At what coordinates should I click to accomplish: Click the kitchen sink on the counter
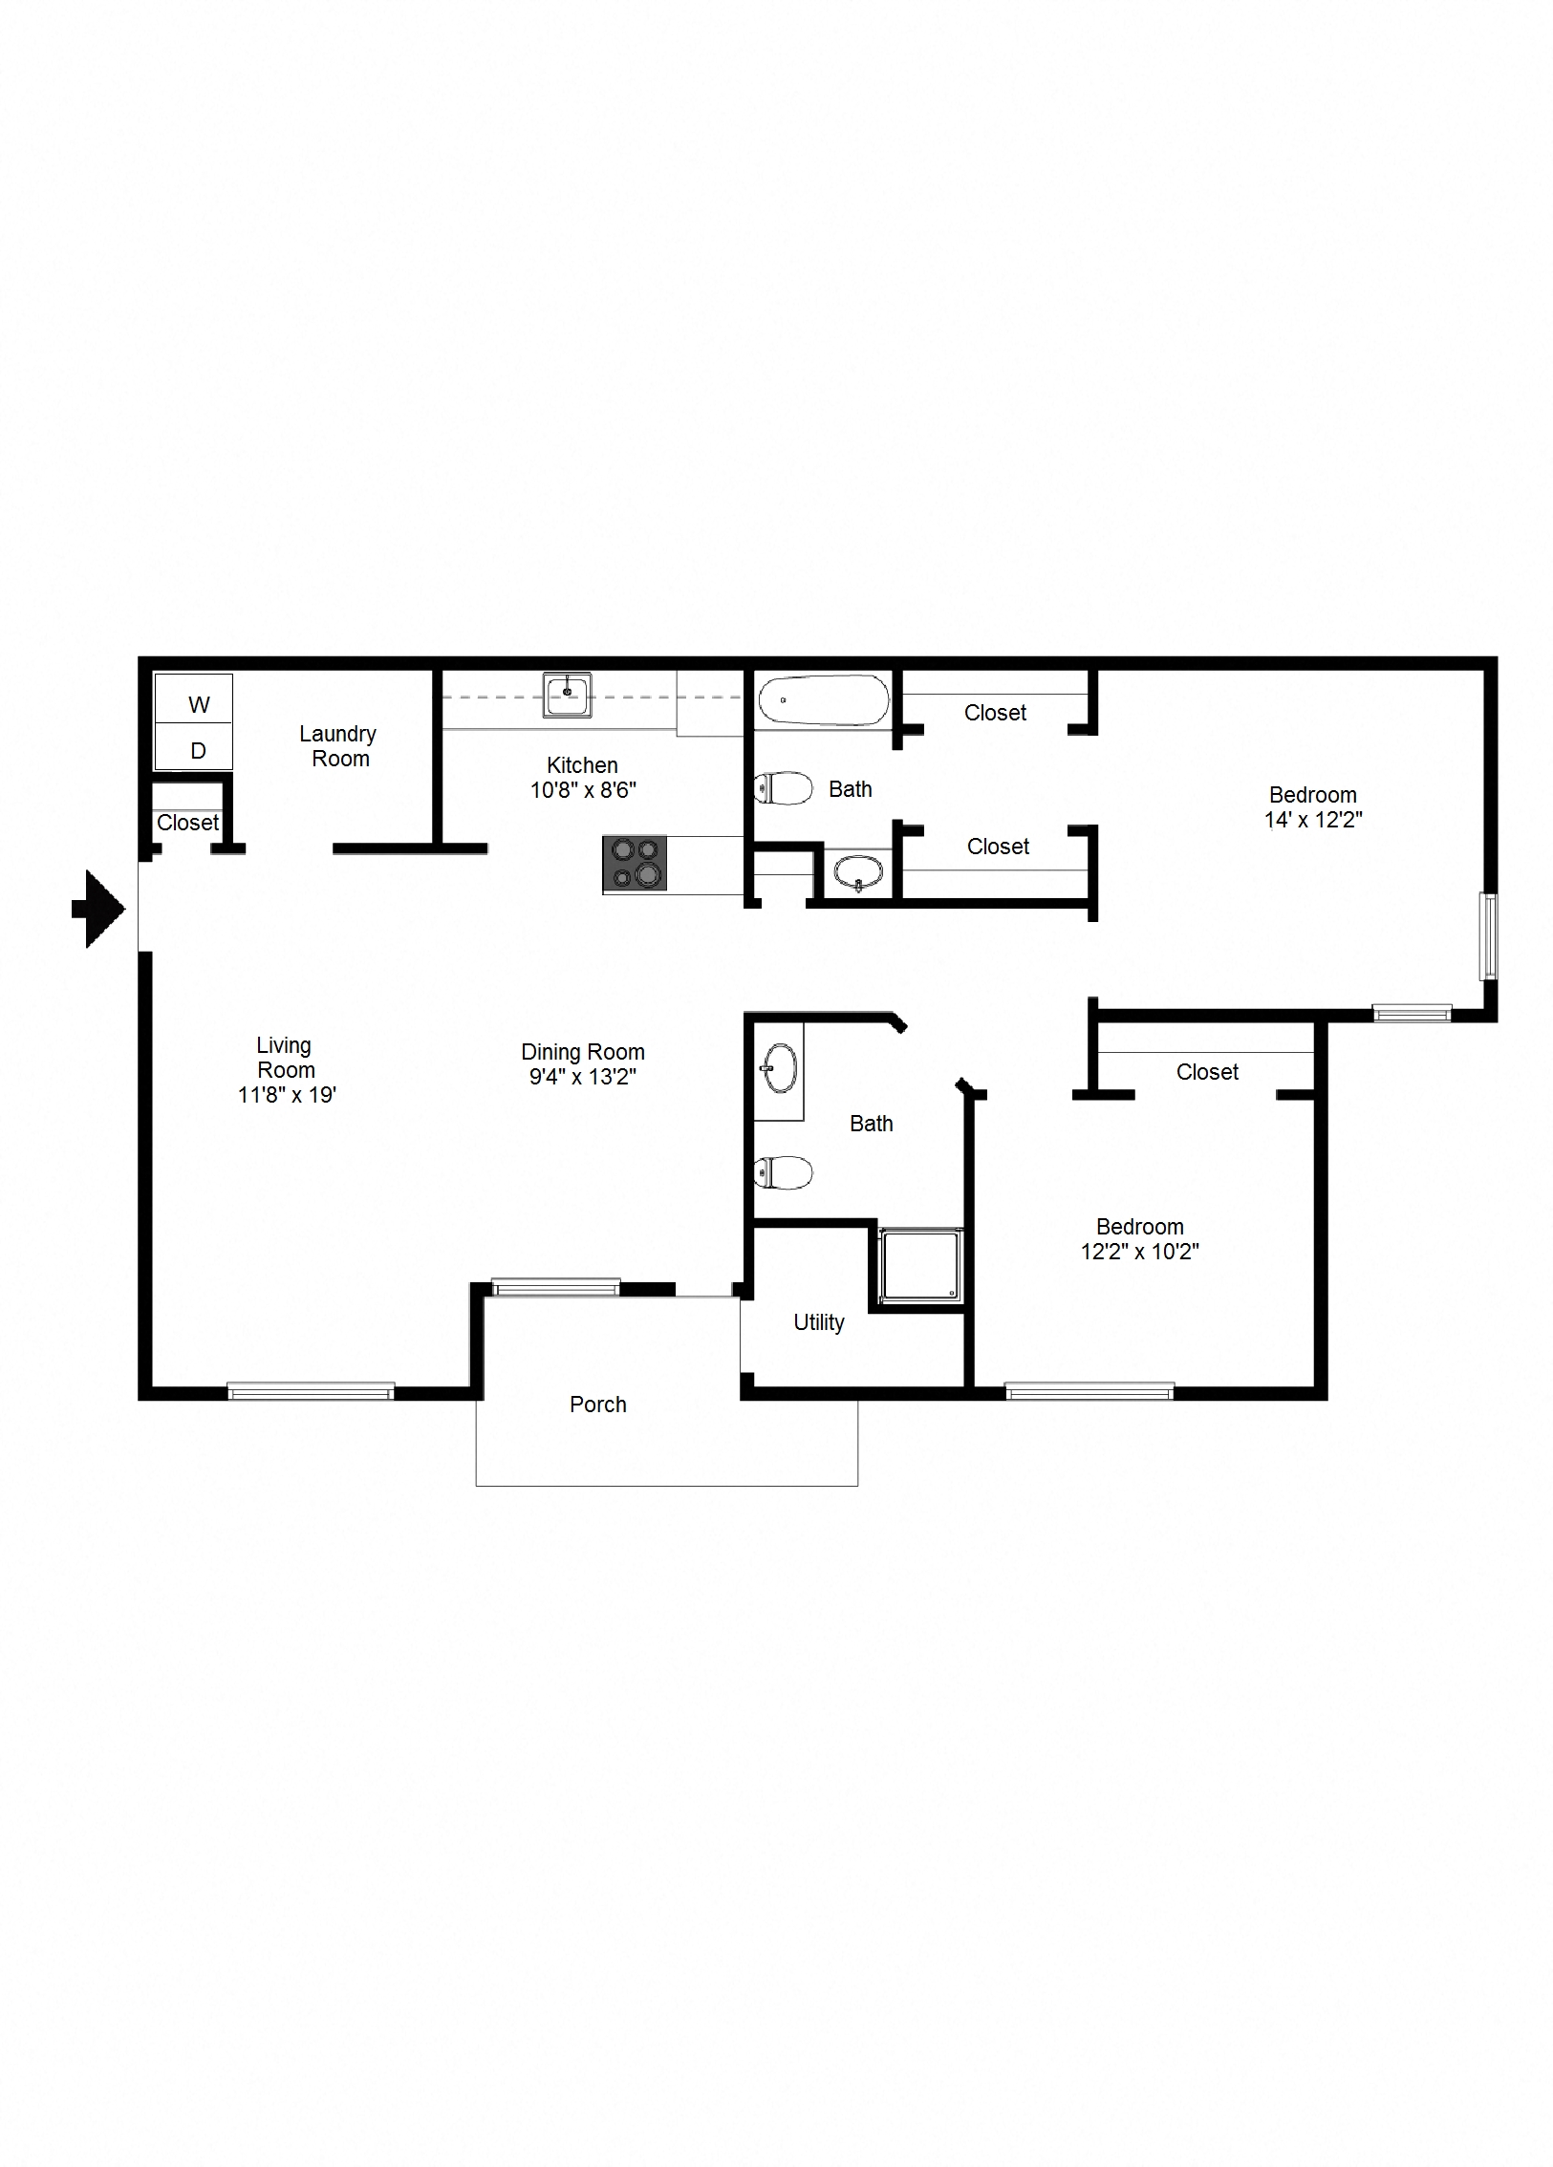567,695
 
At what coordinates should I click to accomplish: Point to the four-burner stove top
635,864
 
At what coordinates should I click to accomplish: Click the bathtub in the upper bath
822,700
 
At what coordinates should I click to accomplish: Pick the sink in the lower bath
779,1068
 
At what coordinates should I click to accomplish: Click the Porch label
597,1405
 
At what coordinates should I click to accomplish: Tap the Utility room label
818,1322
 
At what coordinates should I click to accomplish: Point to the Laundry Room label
338,746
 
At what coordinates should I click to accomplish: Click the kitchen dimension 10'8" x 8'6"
583,790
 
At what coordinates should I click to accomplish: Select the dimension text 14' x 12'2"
1312,820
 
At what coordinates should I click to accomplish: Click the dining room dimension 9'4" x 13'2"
583,1077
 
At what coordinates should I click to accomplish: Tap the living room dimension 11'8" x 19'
286,1095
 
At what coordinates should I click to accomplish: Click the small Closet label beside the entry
187,823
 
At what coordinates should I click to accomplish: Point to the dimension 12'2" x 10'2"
1139,1252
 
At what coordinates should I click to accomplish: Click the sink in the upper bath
858,871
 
